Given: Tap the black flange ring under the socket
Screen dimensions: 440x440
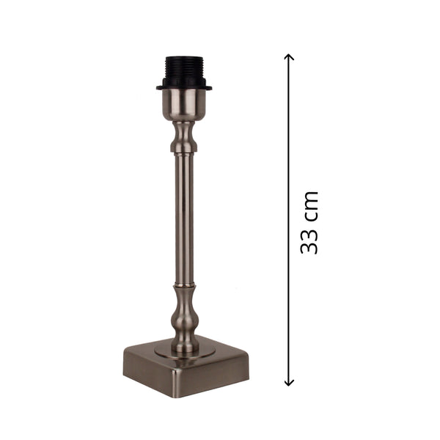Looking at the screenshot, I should pyautogui.click(x=184, y=88).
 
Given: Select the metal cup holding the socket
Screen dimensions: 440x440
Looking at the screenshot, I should pyautogui.click(x=183, y=104).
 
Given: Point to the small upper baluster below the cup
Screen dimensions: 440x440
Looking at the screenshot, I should pyautogui.click(x=183, y=137).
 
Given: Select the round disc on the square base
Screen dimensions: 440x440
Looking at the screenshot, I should pyautogui.click(x=185, y=351).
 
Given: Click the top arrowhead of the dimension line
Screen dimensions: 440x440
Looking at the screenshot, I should pyautogui.click(x=289, y=57).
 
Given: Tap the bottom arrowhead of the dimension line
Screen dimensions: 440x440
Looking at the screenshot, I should pyautogui.click(x=289, y=381).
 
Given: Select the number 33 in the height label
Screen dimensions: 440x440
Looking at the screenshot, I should pyautogui.click(x=309, y=241).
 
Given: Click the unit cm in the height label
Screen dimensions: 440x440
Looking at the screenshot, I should pyautogui.click(x=309, y=205).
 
